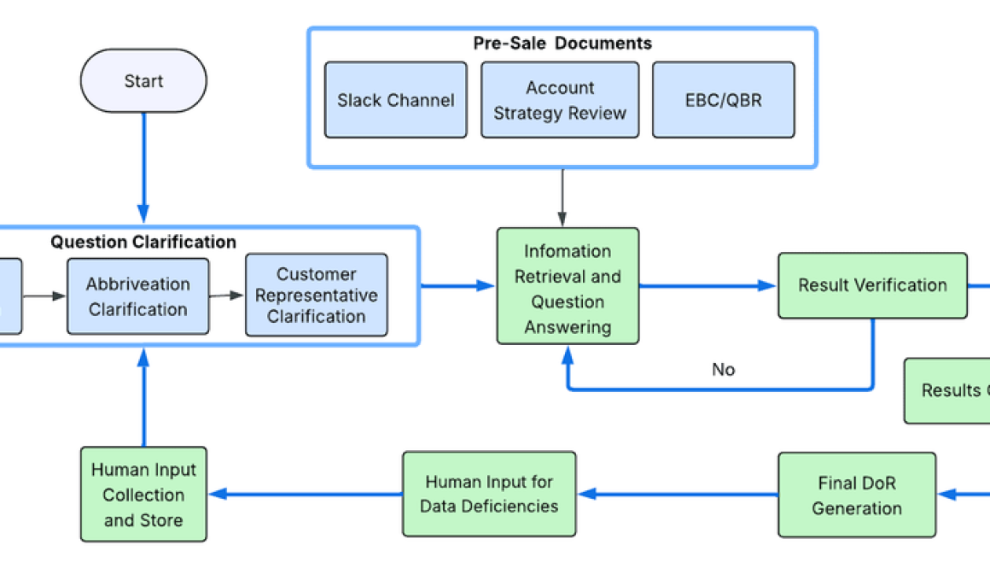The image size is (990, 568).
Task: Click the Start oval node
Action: point(143,81)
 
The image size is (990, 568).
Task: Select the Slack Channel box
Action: point(395,100)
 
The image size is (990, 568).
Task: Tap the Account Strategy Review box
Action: point(560,100)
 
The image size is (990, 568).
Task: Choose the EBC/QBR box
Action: point(723,100)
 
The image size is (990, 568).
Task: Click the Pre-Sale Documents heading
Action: point(562,43)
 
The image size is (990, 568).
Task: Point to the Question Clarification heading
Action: point(143,242)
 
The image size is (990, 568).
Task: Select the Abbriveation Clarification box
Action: point(137,296)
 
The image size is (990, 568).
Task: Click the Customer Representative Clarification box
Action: point(316,295)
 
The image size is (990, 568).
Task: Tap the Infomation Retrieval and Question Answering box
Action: point(568,288)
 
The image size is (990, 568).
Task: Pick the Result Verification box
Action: point(872,285)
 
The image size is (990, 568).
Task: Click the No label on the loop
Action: point(723,369)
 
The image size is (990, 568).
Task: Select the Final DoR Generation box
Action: point(856,495)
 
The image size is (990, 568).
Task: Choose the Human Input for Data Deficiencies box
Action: point(489,495)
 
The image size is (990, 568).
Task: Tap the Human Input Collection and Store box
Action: point(143,495)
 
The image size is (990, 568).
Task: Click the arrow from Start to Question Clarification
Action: point(143,167)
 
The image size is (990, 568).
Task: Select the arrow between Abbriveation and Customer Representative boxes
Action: point(227,296)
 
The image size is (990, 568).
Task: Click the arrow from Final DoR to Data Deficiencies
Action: point(678,494)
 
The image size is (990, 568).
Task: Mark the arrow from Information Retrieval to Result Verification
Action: point(708,286)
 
